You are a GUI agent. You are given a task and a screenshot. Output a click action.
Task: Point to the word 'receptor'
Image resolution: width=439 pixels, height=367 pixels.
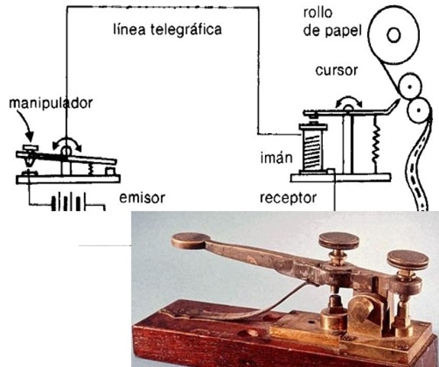click(287, 197)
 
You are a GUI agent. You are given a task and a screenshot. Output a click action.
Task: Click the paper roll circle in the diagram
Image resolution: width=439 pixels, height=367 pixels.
click(393, 34)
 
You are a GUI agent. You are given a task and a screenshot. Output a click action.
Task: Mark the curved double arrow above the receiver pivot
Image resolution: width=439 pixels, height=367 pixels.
click(348, 101)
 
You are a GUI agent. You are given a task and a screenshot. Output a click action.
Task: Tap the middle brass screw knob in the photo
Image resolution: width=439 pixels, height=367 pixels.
click(339, 242)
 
